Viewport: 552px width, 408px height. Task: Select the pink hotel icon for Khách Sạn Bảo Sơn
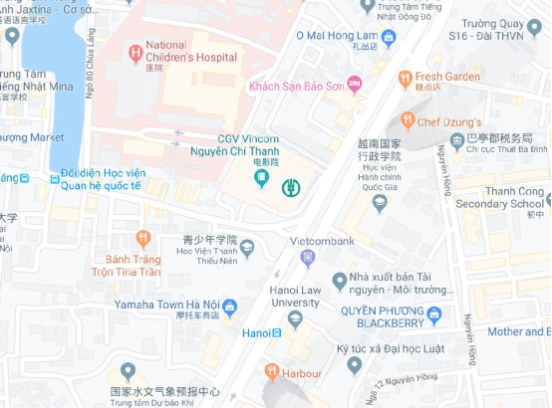click(x=353, y=84)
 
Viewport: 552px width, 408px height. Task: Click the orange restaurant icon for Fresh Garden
click(x=405, y=77)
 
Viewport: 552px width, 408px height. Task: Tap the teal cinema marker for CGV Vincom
click(x=261, y=179)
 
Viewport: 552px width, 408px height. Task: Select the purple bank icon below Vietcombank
click(x=308, y=259)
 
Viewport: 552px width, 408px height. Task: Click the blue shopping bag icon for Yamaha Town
click(x=229, y=306)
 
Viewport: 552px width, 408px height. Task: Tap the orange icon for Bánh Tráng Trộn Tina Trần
click(x=142, y=238)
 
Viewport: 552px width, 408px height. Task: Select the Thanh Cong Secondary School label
click(x=501, y=197)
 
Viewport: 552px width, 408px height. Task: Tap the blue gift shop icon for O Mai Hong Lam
click(x=389, y=38)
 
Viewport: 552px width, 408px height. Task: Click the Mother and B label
click(x=519, y=331)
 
